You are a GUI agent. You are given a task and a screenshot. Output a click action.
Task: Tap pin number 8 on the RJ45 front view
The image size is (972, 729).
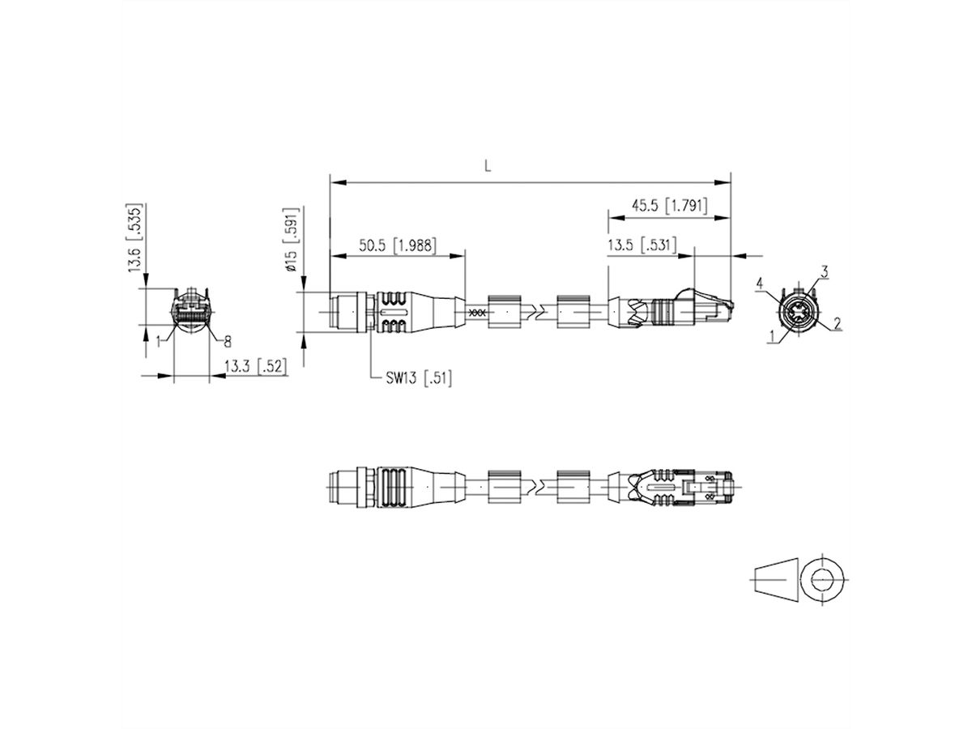(x=228, y=340)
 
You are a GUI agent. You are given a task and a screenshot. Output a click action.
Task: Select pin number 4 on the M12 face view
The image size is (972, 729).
(x=760, y=283)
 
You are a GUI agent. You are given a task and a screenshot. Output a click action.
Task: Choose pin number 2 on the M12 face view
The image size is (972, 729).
(x=837, y=324)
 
